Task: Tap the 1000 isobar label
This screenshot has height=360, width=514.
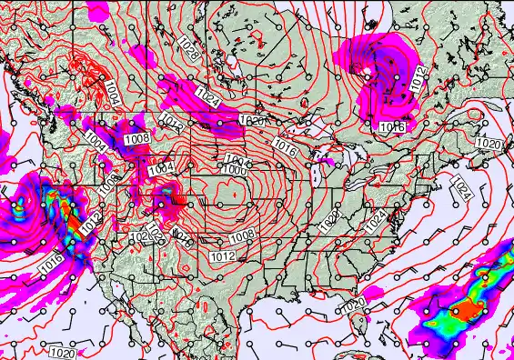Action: [234, 169]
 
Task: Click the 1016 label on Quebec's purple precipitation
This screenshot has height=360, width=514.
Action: [391, 128]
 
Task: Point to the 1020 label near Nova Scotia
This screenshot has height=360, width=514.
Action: [488, 144]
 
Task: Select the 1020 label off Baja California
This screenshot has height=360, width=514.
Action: [63, 352]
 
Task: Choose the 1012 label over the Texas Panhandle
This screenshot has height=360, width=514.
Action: [223, 257]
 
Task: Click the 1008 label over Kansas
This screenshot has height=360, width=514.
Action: [241, 236]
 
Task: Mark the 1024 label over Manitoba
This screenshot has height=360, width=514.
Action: [207, 97]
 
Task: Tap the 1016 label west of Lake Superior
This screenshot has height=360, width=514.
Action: [285, 147]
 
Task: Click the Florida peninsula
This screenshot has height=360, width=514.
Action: [361, 323]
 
